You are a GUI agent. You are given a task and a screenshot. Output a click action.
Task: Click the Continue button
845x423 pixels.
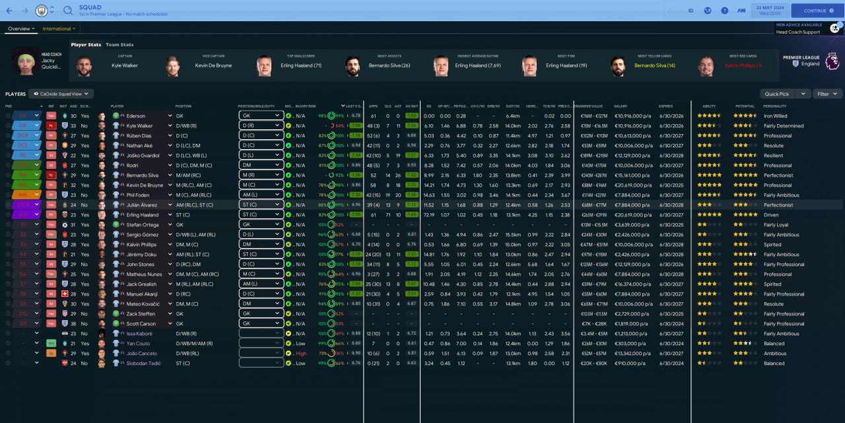[817, 11]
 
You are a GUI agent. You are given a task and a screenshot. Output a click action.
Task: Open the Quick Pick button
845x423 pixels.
[776, 94]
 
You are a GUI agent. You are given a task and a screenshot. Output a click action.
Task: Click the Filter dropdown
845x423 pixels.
[827, 94]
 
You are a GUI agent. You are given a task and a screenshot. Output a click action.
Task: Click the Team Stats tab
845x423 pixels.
[119, 45]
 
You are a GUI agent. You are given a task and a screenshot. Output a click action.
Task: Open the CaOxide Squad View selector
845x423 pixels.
[61, 94]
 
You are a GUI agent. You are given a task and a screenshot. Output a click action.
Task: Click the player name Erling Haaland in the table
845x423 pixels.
[143, 215]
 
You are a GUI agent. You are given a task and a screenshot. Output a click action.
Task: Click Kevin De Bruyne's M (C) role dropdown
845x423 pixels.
[261, 185]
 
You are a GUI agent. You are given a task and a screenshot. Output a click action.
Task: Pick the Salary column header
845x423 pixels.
[621, 106]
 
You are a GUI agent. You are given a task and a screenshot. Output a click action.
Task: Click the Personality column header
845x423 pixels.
[774, 106]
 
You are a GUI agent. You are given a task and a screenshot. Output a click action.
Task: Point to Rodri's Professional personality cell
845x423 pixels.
[778, 166]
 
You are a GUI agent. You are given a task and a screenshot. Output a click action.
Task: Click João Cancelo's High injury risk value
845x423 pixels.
[301, 354]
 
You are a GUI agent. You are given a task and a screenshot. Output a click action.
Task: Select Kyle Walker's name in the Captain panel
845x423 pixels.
[125, 66]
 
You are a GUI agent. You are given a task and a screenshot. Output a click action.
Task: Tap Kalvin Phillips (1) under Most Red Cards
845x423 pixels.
[743, 66]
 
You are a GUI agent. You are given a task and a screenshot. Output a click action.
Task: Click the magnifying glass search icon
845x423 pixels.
[68, 11]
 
